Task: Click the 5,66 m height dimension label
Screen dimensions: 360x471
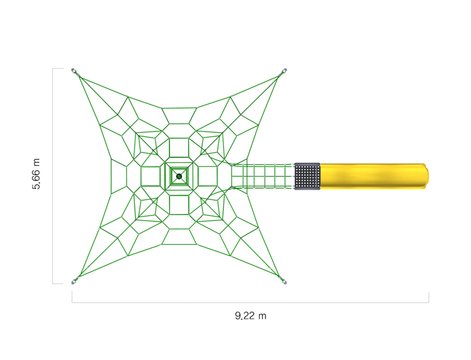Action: tap(37, 174)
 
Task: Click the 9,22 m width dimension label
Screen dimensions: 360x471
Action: tap(251, 316)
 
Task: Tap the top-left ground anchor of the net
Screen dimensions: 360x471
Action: tap(75, 71)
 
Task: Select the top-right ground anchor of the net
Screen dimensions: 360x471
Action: tap(284, 71)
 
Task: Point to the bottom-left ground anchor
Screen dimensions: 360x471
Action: tap(75, 281)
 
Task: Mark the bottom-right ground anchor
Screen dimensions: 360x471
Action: tap(284, 281)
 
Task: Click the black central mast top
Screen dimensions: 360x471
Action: tap(179, 176)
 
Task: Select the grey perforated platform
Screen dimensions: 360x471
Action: tap(307, 177)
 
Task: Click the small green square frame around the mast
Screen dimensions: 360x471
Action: tap(179, 169)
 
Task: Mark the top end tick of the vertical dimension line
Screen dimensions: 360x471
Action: tap(58, 69)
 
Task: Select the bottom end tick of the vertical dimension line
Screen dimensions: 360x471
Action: tap(58, 283)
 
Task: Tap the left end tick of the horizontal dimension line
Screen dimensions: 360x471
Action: tap(72, 298)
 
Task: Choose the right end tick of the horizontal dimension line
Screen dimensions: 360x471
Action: tap(428, 298)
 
